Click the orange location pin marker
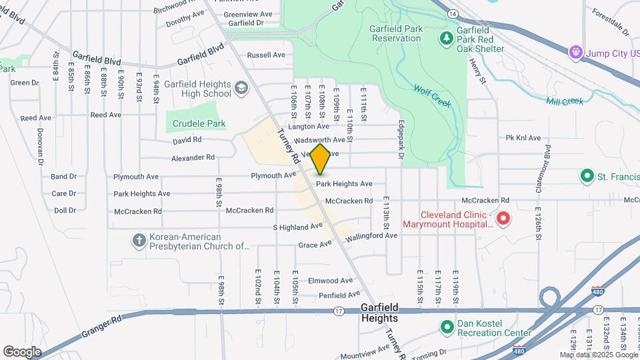click(321, 159)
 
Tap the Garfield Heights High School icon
click(241, 87)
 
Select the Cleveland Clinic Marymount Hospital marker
click(504, 219)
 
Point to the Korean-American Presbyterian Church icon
click(139, 240)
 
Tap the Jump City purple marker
click(574, 52)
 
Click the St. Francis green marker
click(587, 176)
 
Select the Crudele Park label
click(199, 123)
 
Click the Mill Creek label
click(565, 101)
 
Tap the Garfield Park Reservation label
click(395, 33)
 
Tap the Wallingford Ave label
click(371, 236)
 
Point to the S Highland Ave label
click(298, 227)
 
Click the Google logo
click(22, 351)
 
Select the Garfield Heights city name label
click(379, 313)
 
